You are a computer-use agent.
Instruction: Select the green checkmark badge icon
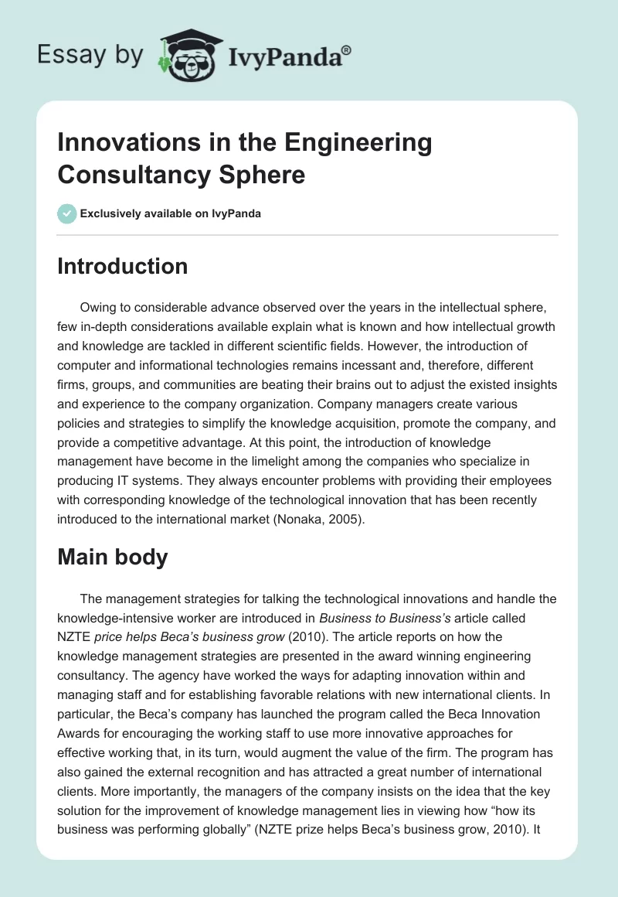[x=67, y=213]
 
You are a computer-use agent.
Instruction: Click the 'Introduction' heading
[x=122, y=266]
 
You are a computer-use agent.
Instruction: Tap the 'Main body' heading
[x=112, y=558]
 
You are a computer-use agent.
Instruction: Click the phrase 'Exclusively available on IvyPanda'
[x=171, y=213]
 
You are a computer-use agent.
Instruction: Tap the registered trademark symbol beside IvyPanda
[x=347, y=49]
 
